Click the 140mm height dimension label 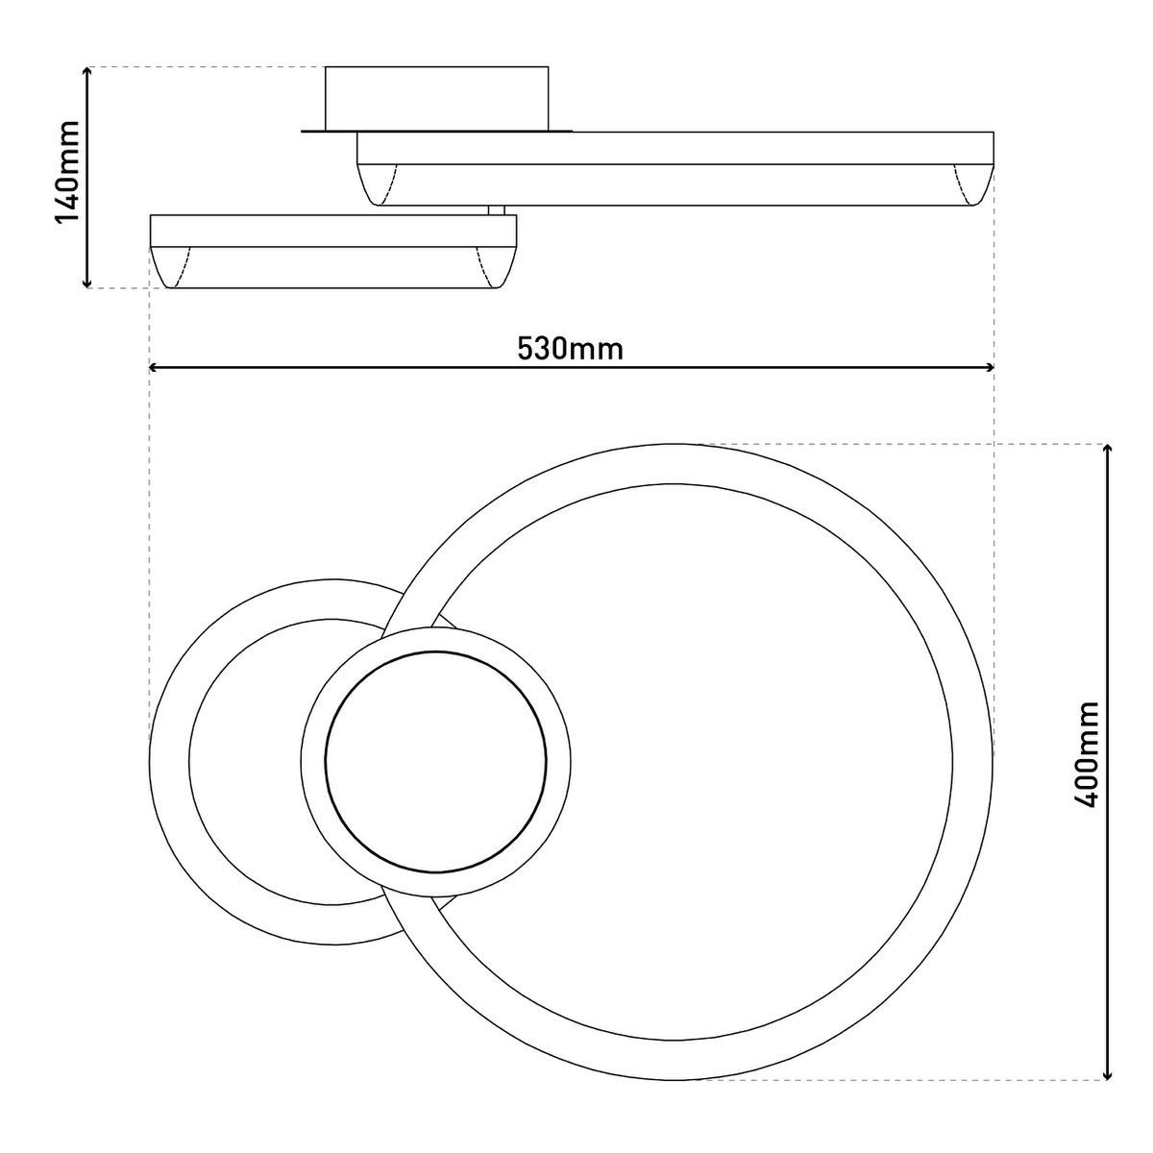coord(67,173)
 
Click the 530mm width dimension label coord(571,348)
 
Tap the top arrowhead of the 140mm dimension coord(88,73)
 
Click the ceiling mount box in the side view coord(437,98)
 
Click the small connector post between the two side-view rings coord(497,209)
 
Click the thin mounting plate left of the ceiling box coord(313,131)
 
